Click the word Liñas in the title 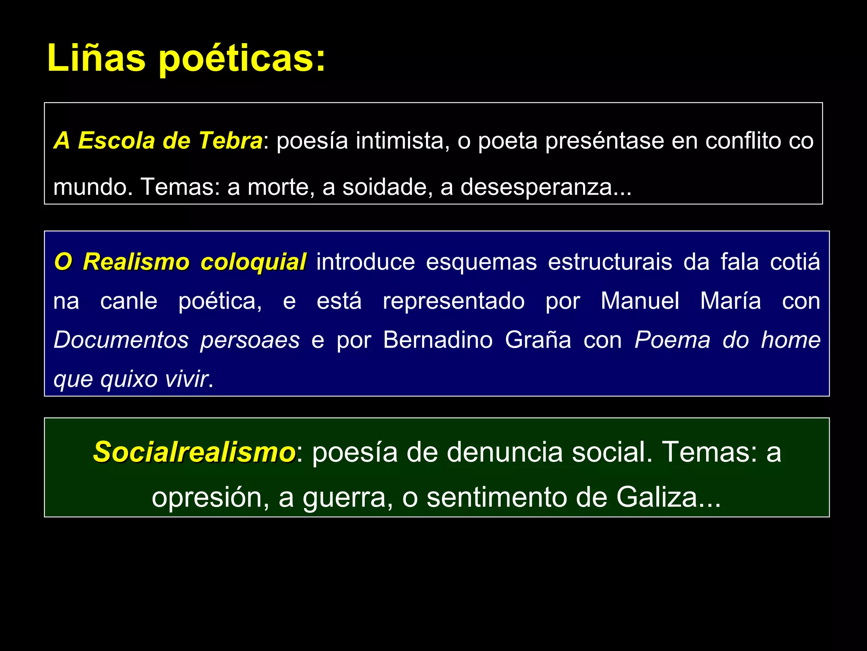(x=96, y=58)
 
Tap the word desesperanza (x=536, y=187)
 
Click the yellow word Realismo (x=136, y=262)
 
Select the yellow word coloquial (x=253, y=262)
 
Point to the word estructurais (x=610, y=262)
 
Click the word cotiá (x=795, y=262)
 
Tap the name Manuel (x=640, y=301)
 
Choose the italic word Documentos (x=121, y=340)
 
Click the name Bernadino (x=438, y=340)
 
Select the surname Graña (x=538, y=340)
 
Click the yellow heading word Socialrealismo (x=194, y=452)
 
